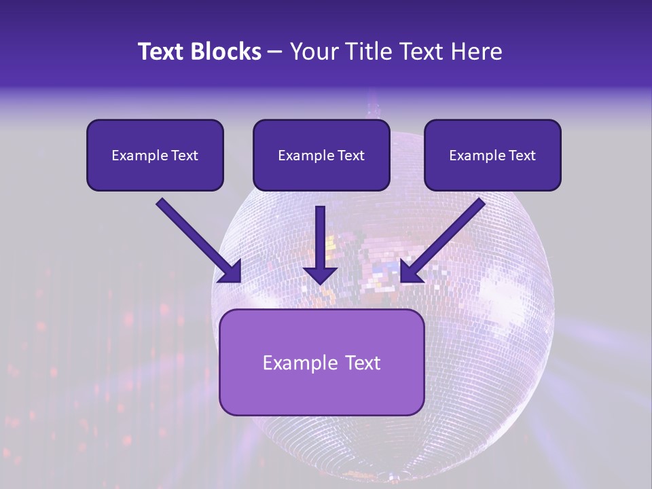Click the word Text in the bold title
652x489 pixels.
coord(160,52)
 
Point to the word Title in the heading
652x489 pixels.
coord(363,52)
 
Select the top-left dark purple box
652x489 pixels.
coord(155,155)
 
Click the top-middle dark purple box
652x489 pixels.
coord(321,155)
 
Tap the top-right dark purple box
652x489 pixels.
coord(492,155)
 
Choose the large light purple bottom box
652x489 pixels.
coord(322,362)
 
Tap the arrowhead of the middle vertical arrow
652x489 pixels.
coord(320,274)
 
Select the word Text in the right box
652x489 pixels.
coord(521,156)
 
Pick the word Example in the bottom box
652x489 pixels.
coord(296,363)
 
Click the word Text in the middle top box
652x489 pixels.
coord(350,156)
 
